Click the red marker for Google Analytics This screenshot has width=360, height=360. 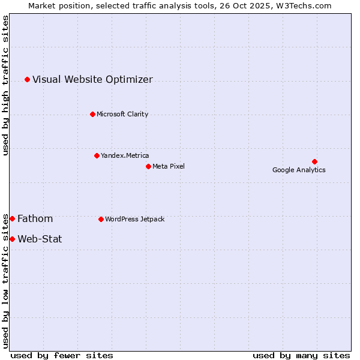pyautogui.click(x=314, y=161)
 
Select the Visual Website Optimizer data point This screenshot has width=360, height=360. pyautogui.click(x=27, y=79)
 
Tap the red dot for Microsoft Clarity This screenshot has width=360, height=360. pyautogui.click(x=92, y=114)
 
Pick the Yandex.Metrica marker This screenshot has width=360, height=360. pyautogui.click(x=97, y=155)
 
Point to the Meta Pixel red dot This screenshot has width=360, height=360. pyautogui.click(x=148, y=166)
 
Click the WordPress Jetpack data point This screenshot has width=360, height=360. pyautogui.click(x=101, y=219)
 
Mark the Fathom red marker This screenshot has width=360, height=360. pyautogui.click(x=12, y=218)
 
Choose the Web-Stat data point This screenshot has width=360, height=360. pyautogui.click(x=12, y=239)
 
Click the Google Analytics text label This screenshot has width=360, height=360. pyautogui.click(x=299, y=170)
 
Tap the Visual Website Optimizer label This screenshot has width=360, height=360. pyautogui.click(x=92, y=79)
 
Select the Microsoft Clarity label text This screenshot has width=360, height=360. pyautogui.click(x=122, y=114)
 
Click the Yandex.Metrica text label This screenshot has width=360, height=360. pyautogui.click(x=125, y=155)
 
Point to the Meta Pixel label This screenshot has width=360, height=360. pyautogui.click(x=169, y=166)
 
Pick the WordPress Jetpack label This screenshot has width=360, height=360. pyautogui.click(x=134, y=219)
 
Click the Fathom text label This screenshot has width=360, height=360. pyautogui.click(x=35, y=218)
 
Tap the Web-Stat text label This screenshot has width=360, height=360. pyautogui.click(x=40, y=239)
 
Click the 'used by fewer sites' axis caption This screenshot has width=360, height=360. pyautogui.click(x=62, y=355)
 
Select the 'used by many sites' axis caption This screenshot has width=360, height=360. pyautogui.click(x=301, y=355)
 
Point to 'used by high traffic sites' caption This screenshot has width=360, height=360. pyautogui.click(x=5, y=85)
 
